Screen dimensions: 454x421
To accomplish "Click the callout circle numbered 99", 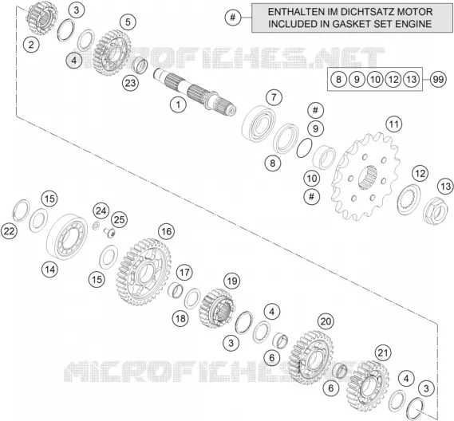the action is tap(438, 79).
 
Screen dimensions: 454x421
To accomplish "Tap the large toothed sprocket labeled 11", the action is tap(366, 175).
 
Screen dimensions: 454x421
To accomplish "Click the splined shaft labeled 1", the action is tap(195, 91).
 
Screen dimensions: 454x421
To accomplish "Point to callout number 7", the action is tap(274, 97).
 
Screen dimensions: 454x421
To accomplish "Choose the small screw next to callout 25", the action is tap(109, 232).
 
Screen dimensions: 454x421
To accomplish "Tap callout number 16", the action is tap(166, 231).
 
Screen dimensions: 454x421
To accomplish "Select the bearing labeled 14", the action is tap(67, 237).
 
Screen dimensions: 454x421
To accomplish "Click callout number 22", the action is tap(9, 231).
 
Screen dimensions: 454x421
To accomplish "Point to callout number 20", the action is tap(326, 321).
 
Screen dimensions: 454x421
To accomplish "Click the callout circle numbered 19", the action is tap(232, 281).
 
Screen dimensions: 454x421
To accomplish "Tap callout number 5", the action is tap(128, 22).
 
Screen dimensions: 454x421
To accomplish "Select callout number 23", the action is tap(130, 83).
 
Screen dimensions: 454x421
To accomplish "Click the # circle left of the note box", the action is tap(233, 18).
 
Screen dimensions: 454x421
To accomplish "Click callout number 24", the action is tap(101, 211).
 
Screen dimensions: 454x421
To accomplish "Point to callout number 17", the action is tap(184, 272).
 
